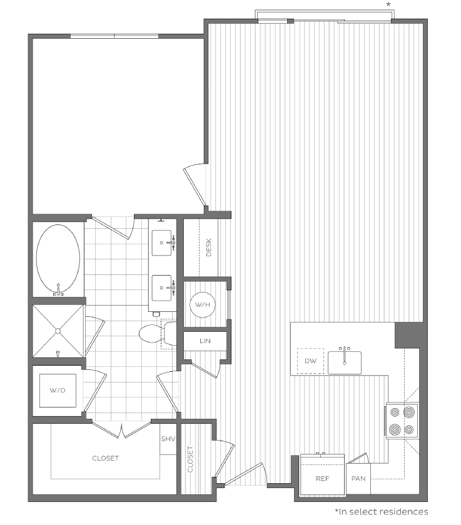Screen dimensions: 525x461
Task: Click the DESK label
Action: tap(210, 248)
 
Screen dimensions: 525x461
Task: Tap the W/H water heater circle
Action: tap(202, 304)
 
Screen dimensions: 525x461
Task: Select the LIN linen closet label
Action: tap(204, 341)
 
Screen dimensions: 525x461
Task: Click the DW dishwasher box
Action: tap(310, 361)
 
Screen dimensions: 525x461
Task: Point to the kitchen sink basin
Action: tap(345, 362)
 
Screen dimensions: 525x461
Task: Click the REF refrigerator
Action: tap(322, 478)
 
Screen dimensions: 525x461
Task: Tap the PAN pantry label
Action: tap(358, 479)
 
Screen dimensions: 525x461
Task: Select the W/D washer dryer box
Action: tap(57, 391)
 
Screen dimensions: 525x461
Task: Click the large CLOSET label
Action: tap(105, 458)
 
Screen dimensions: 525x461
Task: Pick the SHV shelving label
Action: tap(168, 439)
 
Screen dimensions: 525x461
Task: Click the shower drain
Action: tap(58, 330)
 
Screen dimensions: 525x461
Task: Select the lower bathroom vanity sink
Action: tap(163, 287)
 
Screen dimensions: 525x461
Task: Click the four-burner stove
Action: tap(402, 420)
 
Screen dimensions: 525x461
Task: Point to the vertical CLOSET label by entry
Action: tap(190, 460)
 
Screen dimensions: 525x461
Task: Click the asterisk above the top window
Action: tap(388, 5)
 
